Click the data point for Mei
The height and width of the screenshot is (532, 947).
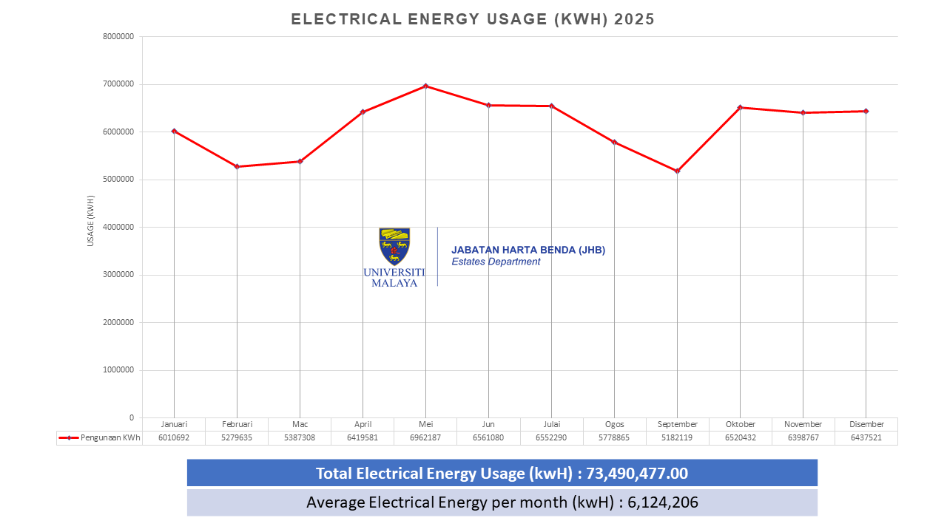click(x=425, y=86)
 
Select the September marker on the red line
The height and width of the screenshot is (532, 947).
click(x=677, y=171)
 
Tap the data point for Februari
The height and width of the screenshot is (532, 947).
click(x=237, y=166)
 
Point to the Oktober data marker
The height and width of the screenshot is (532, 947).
click(x=740, y=108)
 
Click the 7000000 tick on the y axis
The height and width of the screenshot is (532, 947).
click(x=118, y=84)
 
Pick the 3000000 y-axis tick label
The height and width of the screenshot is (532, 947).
click(x=118, y=275)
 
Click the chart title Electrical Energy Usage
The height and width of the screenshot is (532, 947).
click(x=473, y=19)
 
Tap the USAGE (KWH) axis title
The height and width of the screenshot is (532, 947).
click(x=90, y=220)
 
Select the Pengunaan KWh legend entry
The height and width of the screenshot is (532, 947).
click(x=100, y=437)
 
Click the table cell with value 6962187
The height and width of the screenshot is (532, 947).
click(x=425, y=437)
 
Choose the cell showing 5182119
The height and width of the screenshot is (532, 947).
click(x=677, y=437)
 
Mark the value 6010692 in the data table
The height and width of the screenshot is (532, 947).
click(x=174, y=437)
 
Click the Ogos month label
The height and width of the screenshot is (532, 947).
click(x=614, y=424)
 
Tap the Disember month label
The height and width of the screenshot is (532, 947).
click(x=866, y=424)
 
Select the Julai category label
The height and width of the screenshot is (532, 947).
click(x=551, y=424)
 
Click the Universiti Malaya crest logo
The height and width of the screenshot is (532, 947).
click(x=394, y=246)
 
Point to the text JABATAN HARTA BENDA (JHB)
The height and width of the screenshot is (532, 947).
click(x=528, y=250)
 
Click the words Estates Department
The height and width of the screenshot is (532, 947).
click(x=496, y=262)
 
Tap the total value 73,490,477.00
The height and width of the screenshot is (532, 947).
click(x=637, y=473)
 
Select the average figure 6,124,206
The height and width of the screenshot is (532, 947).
click(x=663, y=502)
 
